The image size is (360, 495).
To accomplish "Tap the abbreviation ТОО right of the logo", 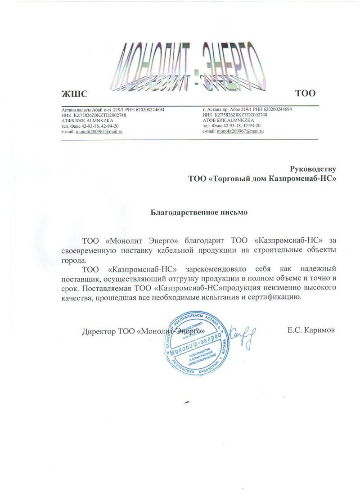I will pyautogui.click(x=305, y=94).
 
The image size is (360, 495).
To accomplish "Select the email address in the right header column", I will pyautogui.click(x=240, y=131).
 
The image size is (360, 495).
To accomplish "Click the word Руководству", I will pyautogui.click(x=313, y=169).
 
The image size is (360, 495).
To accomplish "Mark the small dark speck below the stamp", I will pyautogui.click(x=186, y=401).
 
